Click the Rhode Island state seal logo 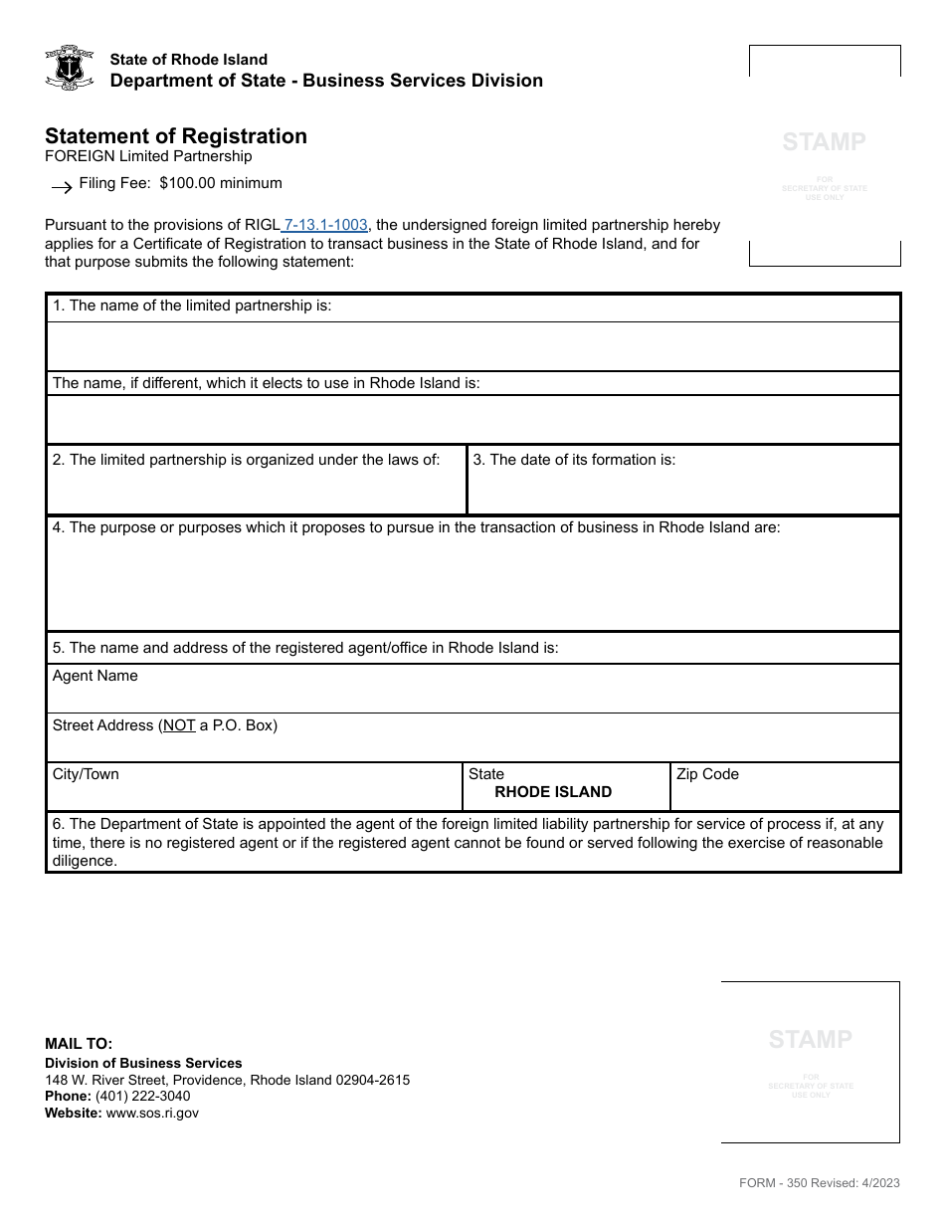point(70,69)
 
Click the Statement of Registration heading point(176,136)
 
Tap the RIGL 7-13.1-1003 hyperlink point(325,225)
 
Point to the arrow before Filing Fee point(61,186)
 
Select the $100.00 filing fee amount point(190,183)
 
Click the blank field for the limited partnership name point(472,346)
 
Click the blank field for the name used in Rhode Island point(472,419)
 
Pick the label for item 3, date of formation point(574,460)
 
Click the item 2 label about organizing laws point(246,460)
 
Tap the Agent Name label point(94,676)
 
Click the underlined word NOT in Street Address point(179,725)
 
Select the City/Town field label point(86,774)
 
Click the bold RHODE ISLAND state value point(553,792)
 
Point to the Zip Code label point(707,774)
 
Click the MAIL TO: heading point(79,1044)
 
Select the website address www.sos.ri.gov point(152,1113)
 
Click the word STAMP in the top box point(824,141)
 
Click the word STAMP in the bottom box point(810,1039)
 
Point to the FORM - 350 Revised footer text point(819,1182)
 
